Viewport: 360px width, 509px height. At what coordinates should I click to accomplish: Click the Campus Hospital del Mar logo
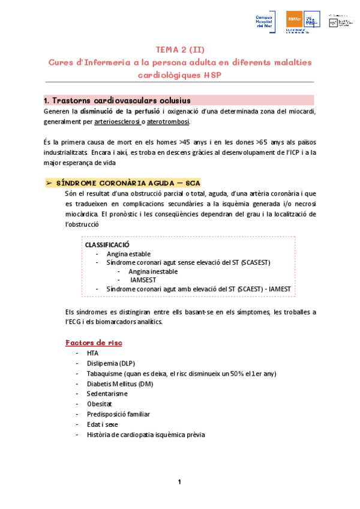click(265, 22)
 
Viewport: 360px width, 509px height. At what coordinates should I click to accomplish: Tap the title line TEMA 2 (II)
click(179, 49)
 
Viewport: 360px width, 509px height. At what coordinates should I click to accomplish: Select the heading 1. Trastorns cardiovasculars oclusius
click(126, 100)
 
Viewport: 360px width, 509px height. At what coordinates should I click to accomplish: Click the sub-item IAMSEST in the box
click(142, 280)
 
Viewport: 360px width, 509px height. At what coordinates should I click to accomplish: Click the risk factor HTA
click(92, 353)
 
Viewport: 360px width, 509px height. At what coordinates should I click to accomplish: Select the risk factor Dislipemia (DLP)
click(111, 363)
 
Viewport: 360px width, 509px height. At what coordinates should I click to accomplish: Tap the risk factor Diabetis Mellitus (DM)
click(121, 384)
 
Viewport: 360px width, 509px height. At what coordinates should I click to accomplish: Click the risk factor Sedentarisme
click(107, 394)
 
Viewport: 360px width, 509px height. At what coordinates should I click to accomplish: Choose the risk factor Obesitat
click(100, 404)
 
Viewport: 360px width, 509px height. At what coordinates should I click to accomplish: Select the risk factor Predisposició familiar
click(118, 414)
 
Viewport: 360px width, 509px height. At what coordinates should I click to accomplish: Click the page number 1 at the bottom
click(179, 482)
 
